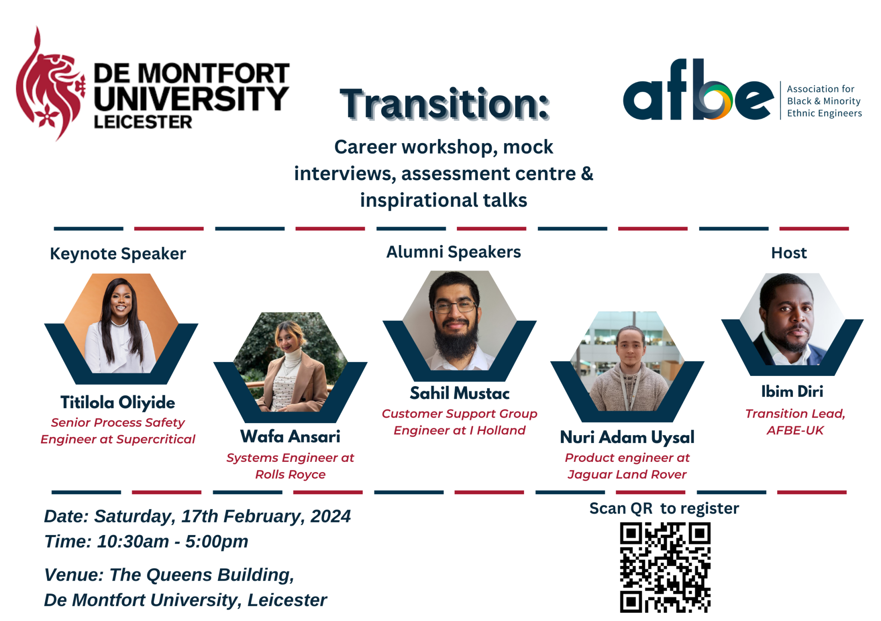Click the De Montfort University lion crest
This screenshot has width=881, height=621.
tap(49, 86)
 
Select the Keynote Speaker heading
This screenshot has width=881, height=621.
tap(118, 254)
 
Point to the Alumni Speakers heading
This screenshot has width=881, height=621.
tap(453, 252)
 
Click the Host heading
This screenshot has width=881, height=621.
tap(789, 253)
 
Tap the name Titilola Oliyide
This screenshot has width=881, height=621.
tap(118, 403)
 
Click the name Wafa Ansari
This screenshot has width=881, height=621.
tap(290, 437)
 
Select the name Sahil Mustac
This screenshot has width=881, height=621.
tap(459, 393)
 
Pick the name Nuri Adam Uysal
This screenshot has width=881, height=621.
tap(627, 437)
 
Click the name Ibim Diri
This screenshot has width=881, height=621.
tap(792, 392)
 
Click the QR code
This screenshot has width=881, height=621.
tap(665, 567)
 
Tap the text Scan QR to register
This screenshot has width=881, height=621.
tap(664, 508)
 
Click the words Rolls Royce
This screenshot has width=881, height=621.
tap(290, 474)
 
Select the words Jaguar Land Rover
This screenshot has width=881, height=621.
tap(627, 474)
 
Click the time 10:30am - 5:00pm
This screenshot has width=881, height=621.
tap(173, 541)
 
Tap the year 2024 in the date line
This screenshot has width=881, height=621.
tap(330, 516)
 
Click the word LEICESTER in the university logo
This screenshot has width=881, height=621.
tap(143, 122)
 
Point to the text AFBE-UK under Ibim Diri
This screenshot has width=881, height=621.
tap(795, 430)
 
